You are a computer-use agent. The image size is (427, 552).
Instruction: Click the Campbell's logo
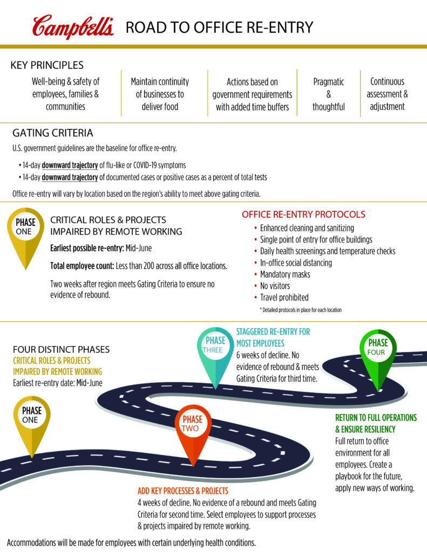coord(73,27)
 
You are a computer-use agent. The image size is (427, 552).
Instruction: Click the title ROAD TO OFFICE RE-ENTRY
coord(219,27)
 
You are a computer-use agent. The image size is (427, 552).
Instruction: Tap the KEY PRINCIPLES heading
coord(47,66)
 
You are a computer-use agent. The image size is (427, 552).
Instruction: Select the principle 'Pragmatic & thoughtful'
coord(328,94)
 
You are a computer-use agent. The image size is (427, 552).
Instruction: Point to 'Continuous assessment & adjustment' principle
coord(387,94)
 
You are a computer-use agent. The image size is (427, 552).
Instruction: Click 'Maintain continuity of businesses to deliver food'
coord(160,94)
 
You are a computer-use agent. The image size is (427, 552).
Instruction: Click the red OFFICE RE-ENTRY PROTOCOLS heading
coord(303,215)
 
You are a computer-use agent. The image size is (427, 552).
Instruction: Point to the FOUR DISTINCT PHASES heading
coord(61,349)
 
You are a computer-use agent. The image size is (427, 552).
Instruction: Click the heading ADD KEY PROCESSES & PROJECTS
coord(183,491)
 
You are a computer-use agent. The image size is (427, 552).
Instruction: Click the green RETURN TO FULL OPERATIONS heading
coord(376,423)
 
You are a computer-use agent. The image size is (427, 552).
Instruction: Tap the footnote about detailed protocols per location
coord(301,310)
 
